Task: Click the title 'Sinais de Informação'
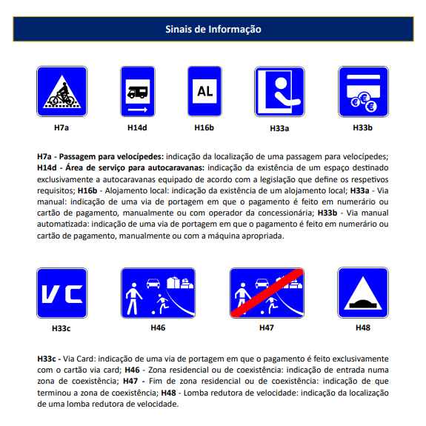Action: [x=213, y=29]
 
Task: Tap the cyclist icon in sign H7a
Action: [x=62, y=94]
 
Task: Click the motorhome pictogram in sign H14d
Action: [x=138, y=92]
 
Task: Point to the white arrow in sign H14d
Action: [x=138, y=110]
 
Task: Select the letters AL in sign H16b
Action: [x=204, y=91]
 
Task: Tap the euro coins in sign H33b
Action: [x=364, y=102]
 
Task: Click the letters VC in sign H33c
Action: [x=62, y=293]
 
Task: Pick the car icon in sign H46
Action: [x=153, y=283]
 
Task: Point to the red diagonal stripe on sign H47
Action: [x=267, y=293]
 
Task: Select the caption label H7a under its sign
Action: [x=61, y=127]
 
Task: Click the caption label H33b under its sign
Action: [x=363, y=127]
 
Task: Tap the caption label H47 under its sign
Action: [x=267, y=327]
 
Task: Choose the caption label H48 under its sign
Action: [x=363, y=327]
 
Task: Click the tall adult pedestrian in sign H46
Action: [x=133, y=299]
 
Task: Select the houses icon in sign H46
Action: [x=180, y=282]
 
